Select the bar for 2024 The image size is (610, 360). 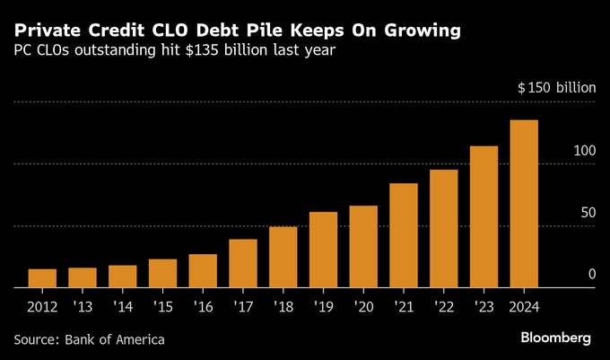click(524, 204)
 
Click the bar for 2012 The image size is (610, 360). click(41, 278)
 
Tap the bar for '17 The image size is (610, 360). click(243, 263)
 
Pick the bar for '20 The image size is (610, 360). click(363, 247)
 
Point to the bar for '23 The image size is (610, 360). click(484, 216)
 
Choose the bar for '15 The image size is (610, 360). click(162, 273)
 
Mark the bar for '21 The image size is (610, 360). click(404, 235)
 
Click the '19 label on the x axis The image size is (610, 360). click(323, 308)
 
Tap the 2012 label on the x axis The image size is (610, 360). click(41, 308)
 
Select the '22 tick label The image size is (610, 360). click(443, 308)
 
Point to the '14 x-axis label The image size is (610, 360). click(122, 308)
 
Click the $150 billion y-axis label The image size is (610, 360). click(556, 88)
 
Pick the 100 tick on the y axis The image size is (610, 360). click(584, 150)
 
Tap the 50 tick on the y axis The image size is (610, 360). click(588, 212)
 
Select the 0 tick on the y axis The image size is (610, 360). click(591, 274)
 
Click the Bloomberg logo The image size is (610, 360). click(556, 338)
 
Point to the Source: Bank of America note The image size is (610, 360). click(90, 339)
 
